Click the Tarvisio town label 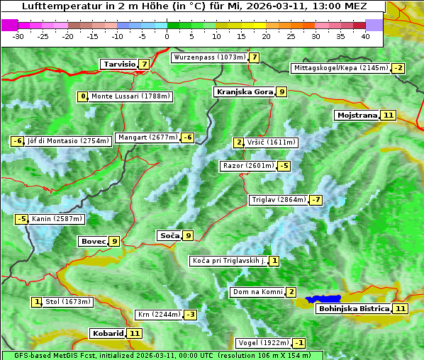[x=119, y=64]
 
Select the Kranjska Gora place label [x=244, y=91]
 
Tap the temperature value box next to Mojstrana [x=388, y=115]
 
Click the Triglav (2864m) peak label [x=278, y=200]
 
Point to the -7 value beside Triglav [x=316, y=200]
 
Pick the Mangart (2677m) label [x=147, y=137]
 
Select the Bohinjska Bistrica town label [x=353, y=309]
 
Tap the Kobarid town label [x=108, y=333]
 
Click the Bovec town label [x=93, y=241]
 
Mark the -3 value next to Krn [x=191, y=315]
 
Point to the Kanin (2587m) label [x=57, y=219]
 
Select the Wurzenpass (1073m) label [x=209, y=57]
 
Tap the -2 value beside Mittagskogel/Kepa [x=399, y=68]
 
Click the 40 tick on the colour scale [x=365, y=36]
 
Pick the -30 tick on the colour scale [x=18, y=36]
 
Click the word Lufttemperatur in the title [x=54, y=6]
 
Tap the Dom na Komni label [x=257, y=292]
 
